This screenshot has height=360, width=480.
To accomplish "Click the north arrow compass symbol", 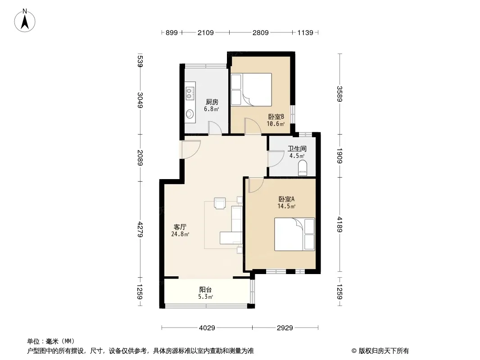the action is click(x=25, y=20).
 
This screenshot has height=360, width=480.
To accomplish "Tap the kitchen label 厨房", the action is click(x=212, y=102).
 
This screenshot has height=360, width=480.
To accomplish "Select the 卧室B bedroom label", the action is click(x=276, y=117).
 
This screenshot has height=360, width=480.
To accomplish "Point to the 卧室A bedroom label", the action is click(x=286, y=199).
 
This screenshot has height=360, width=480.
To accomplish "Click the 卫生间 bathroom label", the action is click(x=297, y=149).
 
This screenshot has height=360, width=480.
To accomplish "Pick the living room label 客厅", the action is click(x=180, y=227).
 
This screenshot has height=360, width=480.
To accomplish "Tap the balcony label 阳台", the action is click(x=205, y=289).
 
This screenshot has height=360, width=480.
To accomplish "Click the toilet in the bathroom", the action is click(x=302, y=169).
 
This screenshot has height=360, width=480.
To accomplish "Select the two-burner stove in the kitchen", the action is click(x=190, y=93).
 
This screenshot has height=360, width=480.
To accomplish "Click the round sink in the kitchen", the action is click(x=190, y=114).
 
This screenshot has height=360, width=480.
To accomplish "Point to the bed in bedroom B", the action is click(x=251, y=89).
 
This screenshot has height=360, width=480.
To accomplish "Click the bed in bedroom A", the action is click(x=294, y=234).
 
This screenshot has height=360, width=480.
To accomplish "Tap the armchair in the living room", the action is click(x=220, y=203).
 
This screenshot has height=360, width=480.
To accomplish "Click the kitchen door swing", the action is click(x=215, y=128).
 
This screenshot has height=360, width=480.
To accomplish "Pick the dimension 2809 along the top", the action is click(x=261, y=32).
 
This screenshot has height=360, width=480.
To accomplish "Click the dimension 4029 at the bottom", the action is click(x=207, y=328).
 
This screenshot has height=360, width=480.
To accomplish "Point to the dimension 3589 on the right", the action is click(x=340, y=94).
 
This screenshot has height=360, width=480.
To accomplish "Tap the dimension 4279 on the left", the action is click(x=140, y=229).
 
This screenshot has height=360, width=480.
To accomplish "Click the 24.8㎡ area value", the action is click(x=180, y=234).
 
